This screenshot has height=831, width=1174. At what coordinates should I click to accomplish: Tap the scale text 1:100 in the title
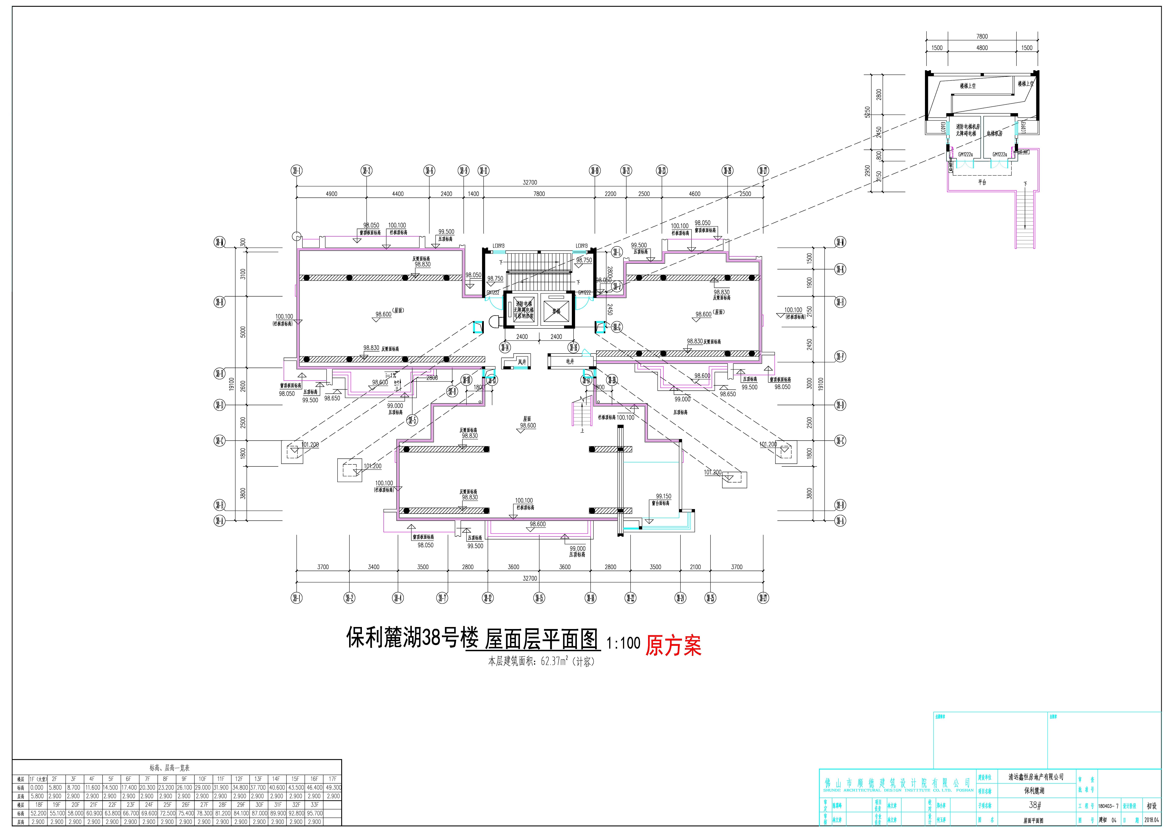(623, 643)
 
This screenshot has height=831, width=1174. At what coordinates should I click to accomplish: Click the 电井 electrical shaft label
(570, 361)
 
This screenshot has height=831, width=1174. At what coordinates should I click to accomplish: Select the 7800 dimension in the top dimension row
(539, 194)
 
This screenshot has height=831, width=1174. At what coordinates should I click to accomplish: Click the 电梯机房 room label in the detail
(994, 133)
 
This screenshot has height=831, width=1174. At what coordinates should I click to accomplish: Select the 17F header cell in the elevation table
(333, 779)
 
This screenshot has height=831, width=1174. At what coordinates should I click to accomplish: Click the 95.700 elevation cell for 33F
(315, 813)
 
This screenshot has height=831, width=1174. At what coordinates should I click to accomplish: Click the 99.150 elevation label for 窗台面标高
(663, 496)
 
